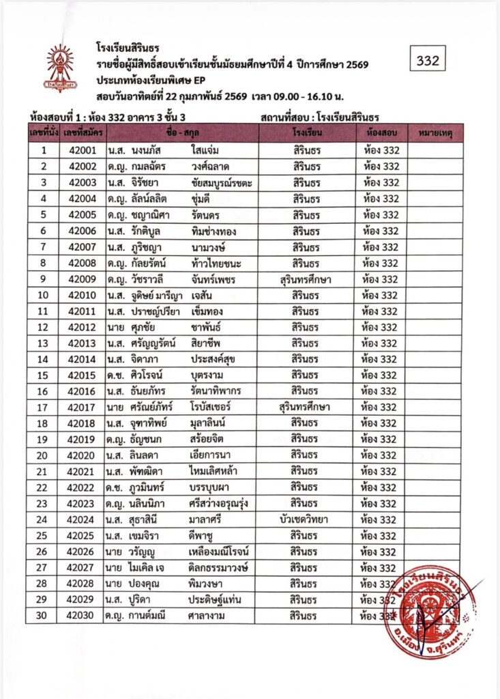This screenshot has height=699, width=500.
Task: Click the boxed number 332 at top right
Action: point(428,61)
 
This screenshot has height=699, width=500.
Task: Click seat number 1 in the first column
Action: point(43,150)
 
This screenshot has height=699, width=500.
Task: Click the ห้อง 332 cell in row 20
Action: point(380,455)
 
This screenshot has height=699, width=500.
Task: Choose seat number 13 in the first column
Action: point(43,343)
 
